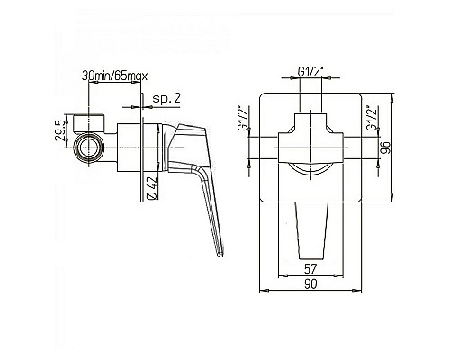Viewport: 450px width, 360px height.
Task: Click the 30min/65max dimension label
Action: coord(115,76)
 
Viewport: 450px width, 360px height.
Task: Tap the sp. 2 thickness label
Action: coord(166,98)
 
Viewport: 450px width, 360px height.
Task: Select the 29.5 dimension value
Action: coord(59,130)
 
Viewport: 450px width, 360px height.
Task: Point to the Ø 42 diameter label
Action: coord(152,187)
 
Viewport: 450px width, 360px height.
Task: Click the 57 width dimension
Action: coord(310,269)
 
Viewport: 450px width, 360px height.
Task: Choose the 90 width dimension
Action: coord(310,284)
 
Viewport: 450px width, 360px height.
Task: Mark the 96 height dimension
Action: coord(386,148)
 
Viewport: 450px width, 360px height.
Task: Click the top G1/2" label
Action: coord(310,71)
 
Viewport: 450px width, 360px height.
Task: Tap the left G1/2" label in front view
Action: coord(243,118)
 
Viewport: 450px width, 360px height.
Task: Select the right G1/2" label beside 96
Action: coord(372,118)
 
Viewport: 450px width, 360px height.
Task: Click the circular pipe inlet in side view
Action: coord(89,148)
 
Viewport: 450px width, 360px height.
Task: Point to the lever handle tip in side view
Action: coord(220,255)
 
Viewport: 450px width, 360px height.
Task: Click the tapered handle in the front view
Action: coord(312,230)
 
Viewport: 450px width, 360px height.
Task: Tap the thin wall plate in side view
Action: coord(142,148)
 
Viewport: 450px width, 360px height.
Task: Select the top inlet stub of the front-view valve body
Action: coord(311,122)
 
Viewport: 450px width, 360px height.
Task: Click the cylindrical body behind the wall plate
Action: coord(129,148)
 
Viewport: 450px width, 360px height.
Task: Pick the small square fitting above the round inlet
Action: coord(89,123)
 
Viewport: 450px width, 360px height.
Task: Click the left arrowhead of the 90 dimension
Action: coord(264,291)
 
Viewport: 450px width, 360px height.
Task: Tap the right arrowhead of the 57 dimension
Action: coord(339,275)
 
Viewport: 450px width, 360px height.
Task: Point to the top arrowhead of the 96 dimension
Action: coord(393,97)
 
